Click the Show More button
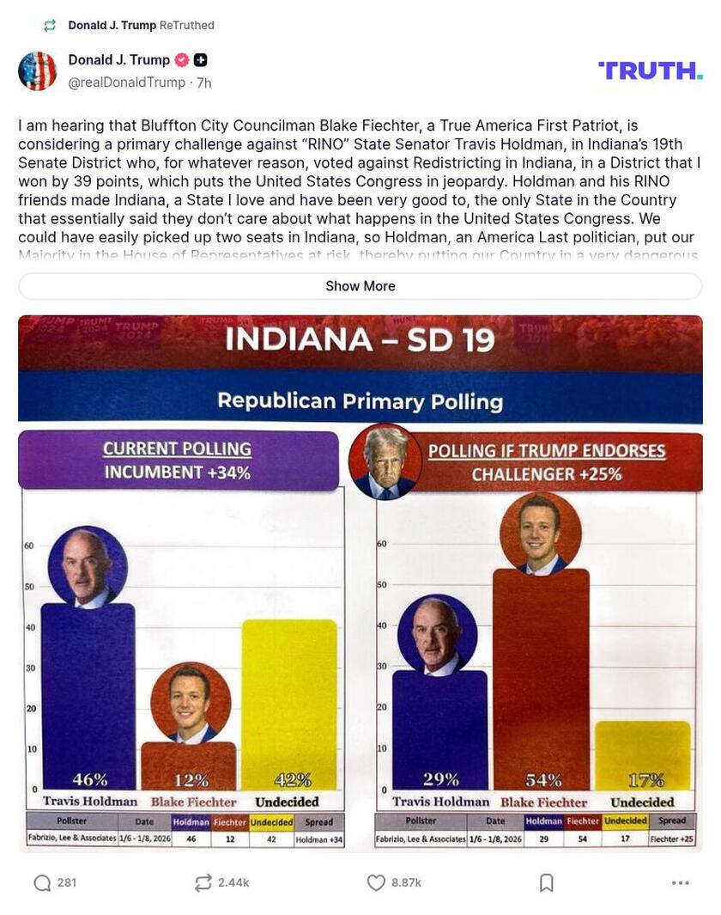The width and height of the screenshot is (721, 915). (x=360, y=286)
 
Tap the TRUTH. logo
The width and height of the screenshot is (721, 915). (x=650, y=70)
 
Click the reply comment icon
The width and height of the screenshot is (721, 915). (x=42, y=882)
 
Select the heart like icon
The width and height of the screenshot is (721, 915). (x=375, y=882)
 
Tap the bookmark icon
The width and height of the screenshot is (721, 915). (x=546, y=882)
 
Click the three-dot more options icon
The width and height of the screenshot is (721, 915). (x=681, y=882)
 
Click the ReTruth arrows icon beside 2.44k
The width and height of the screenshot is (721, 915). (x=203, y=882)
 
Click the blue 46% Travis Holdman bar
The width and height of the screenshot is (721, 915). (x=88, y=696)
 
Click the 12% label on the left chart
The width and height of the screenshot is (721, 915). (x=191, y=780)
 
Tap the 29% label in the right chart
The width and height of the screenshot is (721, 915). (x=440, y=780)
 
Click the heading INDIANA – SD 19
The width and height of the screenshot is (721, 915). (x=360, y=340)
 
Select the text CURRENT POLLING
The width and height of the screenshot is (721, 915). (x=177, y=448)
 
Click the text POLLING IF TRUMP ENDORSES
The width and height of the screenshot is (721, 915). (x=547, y=451)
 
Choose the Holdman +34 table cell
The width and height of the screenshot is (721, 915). (x=318, y=839)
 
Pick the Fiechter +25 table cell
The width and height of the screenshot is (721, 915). (x=672, y=839)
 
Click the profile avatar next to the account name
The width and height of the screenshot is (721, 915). (x=37, y=70)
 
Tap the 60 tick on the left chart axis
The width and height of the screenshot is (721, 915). (x=27, y=546)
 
